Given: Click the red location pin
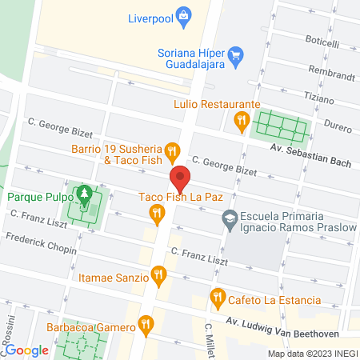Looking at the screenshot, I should coord(180,177).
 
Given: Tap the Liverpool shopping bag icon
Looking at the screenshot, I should coord(185,15).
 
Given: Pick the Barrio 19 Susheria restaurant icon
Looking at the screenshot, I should coord(171,150).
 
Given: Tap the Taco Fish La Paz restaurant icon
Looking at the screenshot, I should coord(157,213).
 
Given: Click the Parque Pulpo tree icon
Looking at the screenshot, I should coord(83,194).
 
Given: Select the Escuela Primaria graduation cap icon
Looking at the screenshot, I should coord(230,218).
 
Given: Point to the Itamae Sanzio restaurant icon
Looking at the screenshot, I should coord(159,276).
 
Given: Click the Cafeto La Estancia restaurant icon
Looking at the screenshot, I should coord(217,299).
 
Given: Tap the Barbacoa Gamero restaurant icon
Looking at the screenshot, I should coord(145,325).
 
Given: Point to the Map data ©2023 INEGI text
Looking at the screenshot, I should coord(311,354).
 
